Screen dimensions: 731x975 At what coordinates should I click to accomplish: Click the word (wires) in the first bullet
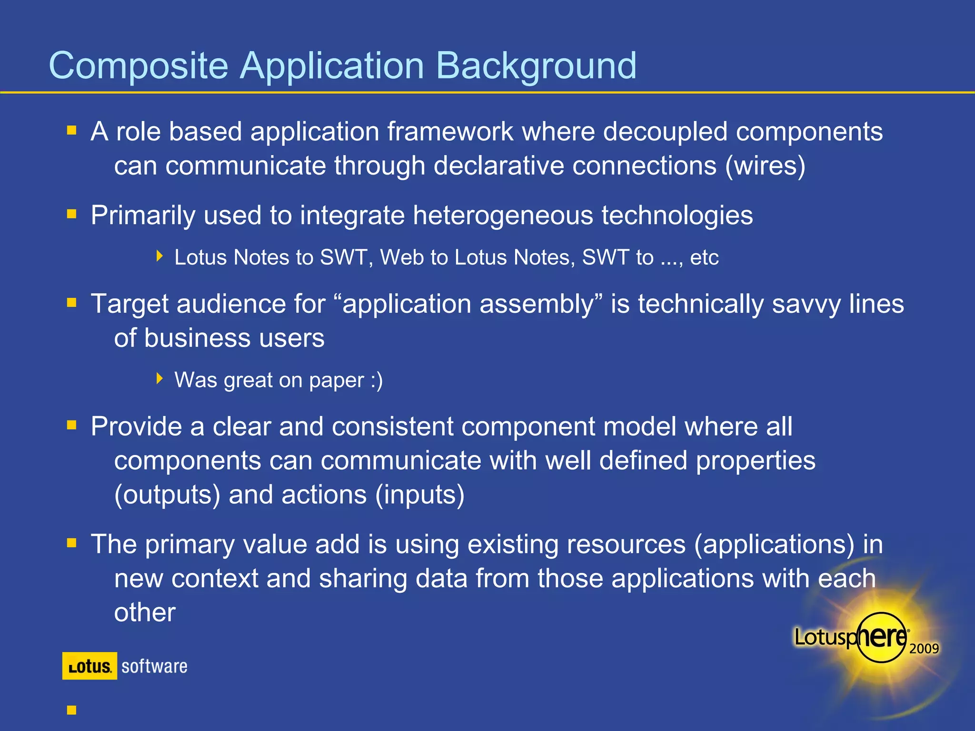[765, 166]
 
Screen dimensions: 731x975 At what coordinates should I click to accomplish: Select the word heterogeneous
[503, 216]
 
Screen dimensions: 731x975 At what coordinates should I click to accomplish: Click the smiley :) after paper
[377, 380]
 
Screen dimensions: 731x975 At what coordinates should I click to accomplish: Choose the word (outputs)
[167, 495]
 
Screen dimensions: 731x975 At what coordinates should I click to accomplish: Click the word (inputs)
[419, 495]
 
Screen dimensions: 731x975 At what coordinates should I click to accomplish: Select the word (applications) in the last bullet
[774, 544]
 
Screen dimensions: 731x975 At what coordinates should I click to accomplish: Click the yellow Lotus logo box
[90, 666]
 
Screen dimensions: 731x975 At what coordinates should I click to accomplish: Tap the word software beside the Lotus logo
[154, 666]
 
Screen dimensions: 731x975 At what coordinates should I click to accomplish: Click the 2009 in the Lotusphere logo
[924, 649]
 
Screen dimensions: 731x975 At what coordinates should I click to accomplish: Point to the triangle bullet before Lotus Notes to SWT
[159, 257]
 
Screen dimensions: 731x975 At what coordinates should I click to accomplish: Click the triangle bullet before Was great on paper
[159, 379]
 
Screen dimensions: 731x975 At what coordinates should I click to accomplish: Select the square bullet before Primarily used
[72, 214]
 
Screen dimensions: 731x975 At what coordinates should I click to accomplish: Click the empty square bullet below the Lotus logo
[72, 710]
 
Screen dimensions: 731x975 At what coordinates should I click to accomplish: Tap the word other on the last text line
[145, 612]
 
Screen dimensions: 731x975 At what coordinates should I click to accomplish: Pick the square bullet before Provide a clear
[72, 425]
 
